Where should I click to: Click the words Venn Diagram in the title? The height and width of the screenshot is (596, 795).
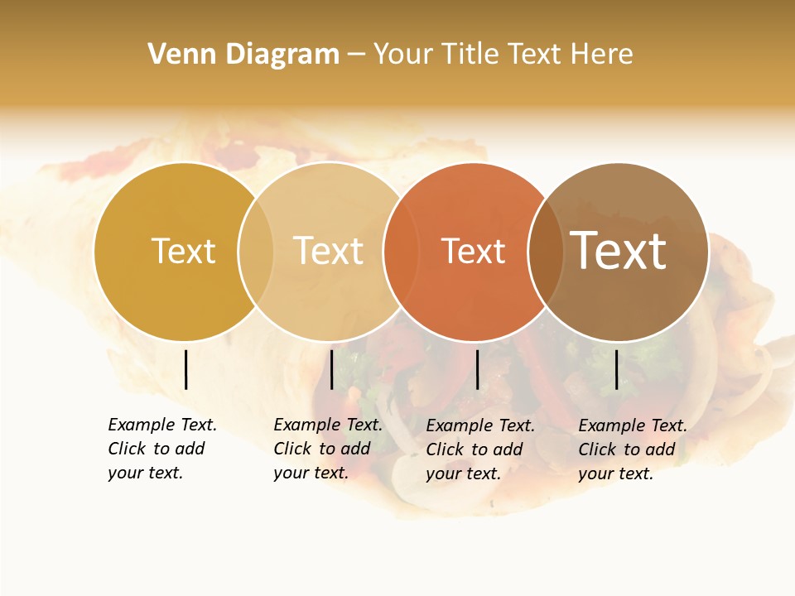(x=243, y=55)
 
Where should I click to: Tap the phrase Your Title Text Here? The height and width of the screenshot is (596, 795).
(x=503, y=55)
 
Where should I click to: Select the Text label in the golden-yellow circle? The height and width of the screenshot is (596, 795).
(x=183, y=251)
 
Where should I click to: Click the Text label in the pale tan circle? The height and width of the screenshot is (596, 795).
(x=329, y=251)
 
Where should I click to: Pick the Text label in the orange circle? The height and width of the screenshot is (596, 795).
(x=473, y=251)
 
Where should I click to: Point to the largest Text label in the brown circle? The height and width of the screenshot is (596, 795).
(x=619, y=250)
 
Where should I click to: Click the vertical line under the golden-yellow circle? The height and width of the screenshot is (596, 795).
(x=185, y=369)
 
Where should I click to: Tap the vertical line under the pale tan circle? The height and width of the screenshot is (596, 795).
(x=331, y=369)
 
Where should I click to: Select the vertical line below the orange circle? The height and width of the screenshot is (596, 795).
(x=477, y=369)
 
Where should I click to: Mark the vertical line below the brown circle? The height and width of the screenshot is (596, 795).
(x=616, y=369)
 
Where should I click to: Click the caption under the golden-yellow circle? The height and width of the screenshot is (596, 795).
(x=162, y=449)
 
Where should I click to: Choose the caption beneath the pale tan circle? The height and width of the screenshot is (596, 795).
(x=328, y=449)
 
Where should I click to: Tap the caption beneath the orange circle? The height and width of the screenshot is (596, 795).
(x=480, y=449)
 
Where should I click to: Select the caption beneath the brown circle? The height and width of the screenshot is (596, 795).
(x=633, y=449)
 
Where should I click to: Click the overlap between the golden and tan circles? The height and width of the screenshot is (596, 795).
(x=256, y=251)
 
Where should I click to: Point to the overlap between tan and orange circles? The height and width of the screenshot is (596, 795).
(x=401, y=251)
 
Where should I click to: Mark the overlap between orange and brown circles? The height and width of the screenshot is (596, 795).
(x=546, y=251)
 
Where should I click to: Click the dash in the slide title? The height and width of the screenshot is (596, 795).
(x=356, y=55)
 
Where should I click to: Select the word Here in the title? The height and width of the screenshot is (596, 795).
(x=606, y=55)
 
